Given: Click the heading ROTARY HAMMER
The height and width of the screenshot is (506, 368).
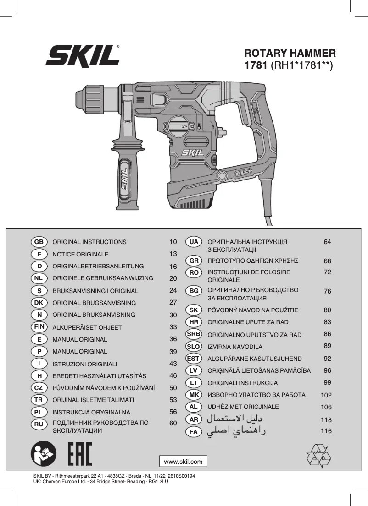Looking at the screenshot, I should pyautogui.click(x=290, y=53).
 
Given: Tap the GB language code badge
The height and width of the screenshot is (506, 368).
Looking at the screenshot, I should pyautogui.click(x=39, y=242).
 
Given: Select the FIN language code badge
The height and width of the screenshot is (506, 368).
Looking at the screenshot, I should pyautogui.click(x=39, y=327).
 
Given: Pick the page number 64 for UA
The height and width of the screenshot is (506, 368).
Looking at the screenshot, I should pyautogui.click(x=327, y=242).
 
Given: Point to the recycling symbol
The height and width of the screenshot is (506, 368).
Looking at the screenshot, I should pyautogui.click(x=318, y=456).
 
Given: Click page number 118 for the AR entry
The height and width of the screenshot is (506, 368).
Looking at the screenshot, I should pyautogui.click(x=326, y=419).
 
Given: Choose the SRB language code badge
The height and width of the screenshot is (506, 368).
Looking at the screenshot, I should pyautogui.click(x=194, y=334).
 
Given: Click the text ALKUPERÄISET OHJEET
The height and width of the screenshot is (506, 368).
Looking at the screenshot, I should pyautogui.click(x=87, y=327).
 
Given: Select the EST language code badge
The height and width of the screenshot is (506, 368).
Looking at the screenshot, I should pyautogui.click(x=194, y=359).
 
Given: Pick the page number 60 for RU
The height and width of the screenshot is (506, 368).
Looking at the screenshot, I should pyautogui.click(x=173, y=424).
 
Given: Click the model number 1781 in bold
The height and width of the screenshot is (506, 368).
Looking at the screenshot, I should pyautogui.click(x=256, y=65).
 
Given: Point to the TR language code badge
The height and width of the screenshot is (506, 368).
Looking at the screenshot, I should pyautogui.click(x=39, y=400).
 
